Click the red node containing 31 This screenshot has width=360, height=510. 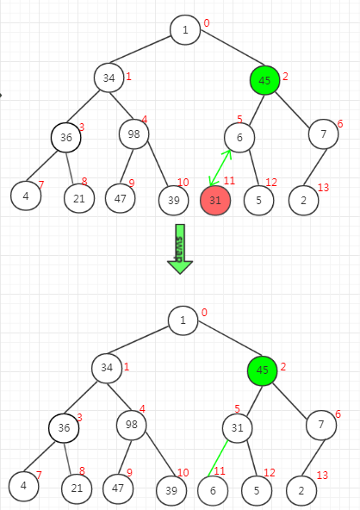click(215, 200)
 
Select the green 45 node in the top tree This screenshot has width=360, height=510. click(264, 80)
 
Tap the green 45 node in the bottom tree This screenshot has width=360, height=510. click(263, 370)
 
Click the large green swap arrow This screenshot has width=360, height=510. click(180, 249)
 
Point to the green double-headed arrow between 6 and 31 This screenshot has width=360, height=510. click(220, 168)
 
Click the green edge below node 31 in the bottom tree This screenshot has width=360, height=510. click(218, 458)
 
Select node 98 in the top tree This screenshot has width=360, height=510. click(134, 134)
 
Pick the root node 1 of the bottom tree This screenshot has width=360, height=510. click(183, 320)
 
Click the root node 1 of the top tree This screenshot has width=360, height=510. click(185, 30)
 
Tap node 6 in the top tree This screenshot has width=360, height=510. click(239, 137)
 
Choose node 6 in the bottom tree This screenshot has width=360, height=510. click(213, 490)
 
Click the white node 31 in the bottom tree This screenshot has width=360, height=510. click(238, 427)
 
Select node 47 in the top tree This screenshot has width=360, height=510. click(121, 198)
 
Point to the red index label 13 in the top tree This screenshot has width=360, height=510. click(323, 187)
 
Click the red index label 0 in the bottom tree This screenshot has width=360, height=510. click(204, 312)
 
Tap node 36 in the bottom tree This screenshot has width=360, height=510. click(64, 427)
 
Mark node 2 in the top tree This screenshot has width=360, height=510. click(304, 201)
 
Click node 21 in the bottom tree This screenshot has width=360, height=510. click(77, 488)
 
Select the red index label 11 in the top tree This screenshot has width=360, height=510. click(229, 181)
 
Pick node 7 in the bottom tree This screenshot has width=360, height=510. click(321, 425)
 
